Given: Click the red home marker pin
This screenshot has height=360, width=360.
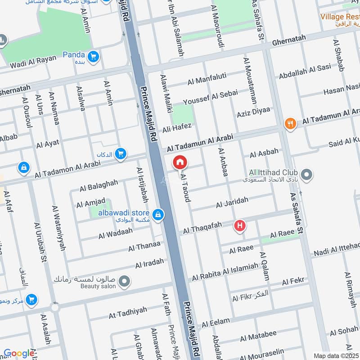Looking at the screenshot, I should [180, 162].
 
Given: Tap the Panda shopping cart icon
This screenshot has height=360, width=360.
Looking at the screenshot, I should [94, 56].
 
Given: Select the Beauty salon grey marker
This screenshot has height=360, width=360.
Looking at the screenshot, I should [126, 282].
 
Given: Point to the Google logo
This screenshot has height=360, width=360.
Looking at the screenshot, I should [18, 353].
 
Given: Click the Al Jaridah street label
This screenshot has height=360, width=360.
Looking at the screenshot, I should [232, 203].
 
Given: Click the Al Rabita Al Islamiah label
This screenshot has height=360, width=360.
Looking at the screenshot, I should [225, 272].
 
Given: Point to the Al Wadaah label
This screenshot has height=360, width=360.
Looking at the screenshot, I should [116, 233].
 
